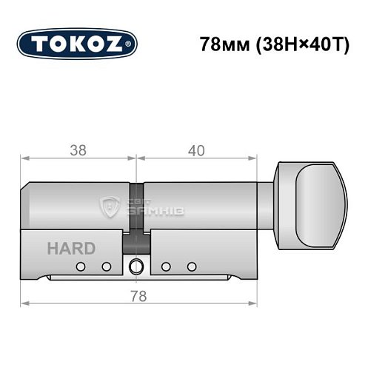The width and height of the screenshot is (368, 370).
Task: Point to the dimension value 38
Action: tap(78, 150)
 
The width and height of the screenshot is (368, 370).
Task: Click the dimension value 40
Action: tap(196, 150)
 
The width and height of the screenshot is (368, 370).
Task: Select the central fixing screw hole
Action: tap(136, 266)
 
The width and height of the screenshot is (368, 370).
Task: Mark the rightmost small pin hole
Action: tap(192, 266)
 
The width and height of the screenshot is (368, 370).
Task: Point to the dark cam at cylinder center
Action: tap(136, 240)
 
